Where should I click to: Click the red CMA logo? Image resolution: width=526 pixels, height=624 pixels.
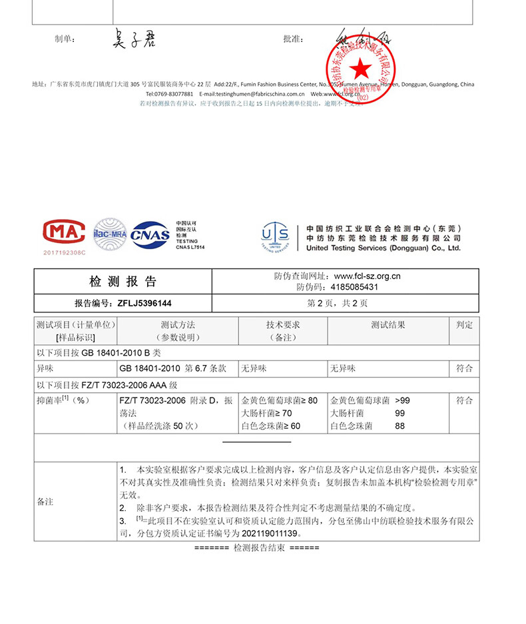click(64, 232)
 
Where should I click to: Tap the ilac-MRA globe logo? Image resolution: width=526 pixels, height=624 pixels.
click(109, 234)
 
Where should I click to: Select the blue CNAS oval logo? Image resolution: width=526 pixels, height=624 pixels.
click(150, 234)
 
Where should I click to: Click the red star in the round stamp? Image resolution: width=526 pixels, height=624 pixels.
click(360, 67)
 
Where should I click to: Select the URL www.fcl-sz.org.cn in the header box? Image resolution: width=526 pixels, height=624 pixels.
click(367, 276)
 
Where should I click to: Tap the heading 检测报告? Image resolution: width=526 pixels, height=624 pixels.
click(123, 281)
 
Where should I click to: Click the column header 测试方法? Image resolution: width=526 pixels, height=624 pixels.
click(177, 325)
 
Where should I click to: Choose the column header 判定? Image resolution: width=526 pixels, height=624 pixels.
click(464, 325)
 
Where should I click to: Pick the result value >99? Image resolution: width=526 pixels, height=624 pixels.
click(402, 401)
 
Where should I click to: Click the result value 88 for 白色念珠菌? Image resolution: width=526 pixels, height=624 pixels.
click(399, 426)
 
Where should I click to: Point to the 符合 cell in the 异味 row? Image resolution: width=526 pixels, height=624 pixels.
click(464, 368)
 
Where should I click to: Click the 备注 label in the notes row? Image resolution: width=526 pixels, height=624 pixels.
click(45, 501)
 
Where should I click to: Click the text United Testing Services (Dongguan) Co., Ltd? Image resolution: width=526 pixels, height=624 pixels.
click(383, 248)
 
